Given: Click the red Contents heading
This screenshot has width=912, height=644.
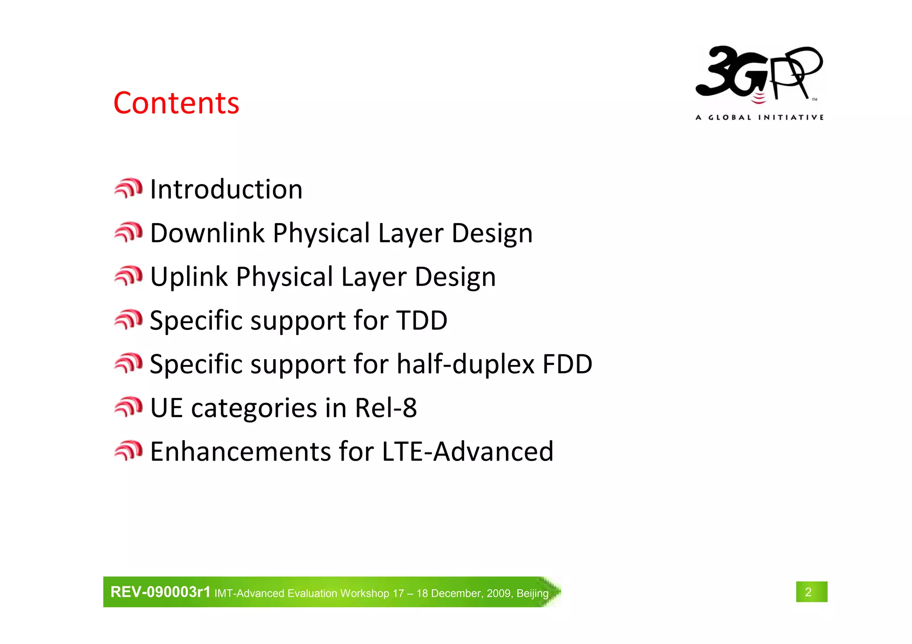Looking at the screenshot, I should tap(176, 103).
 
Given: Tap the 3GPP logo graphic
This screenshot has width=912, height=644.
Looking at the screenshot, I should tap(759, 74).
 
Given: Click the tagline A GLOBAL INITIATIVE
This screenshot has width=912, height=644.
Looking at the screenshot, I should tap(759, 117).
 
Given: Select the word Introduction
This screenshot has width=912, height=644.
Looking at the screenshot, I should tap(226, 189).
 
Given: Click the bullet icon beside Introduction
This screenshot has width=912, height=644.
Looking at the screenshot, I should tap(128, 188).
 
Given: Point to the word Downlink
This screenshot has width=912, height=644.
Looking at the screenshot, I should tap(207, 233).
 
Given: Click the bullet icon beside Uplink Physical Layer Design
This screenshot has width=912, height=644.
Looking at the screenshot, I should tap(128, 276).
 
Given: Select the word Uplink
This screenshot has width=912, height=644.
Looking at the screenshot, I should tap(189, 277).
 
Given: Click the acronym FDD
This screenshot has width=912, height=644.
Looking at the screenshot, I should tap(567, 364).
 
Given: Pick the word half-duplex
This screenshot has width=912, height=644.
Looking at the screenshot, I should tap(465, 364).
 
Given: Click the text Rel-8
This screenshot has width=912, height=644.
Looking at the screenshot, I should tap(386, 408).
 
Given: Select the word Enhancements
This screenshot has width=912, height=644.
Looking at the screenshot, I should tap(240, 451).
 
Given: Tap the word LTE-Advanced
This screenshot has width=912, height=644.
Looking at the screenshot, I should tap(468, 451).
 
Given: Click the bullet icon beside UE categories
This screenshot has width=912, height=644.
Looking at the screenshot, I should tap(128, 407).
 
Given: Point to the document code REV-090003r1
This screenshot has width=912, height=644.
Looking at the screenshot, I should tap(160, 592).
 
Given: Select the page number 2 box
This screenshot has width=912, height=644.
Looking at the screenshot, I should tap(811, 592).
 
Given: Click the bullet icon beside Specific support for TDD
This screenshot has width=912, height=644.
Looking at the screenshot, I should tap(128, 320).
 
